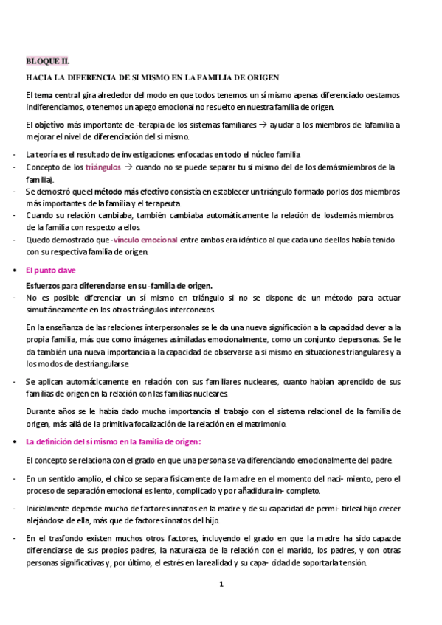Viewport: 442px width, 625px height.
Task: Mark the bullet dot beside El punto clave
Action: pos(16,271)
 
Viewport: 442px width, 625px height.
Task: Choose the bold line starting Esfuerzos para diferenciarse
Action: pos(119,286)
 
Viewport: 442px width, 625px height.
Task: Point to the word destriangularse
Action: pos(100,364)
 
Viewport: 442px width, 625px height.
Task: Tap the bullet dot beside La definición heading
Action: pos(16,441)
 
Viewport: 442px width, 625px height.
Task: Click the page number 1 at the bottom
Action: pos(221,584)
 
